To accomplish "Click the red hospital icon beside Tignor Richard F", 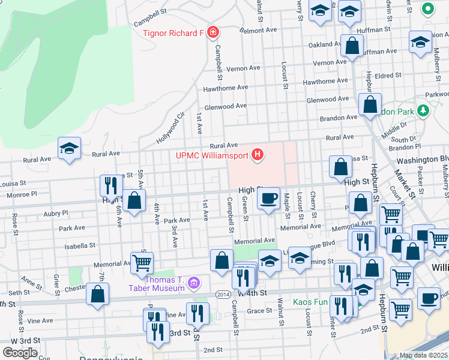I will (x=212, y=32).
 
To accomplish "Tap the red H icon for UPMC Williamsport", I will (x=258, y=155).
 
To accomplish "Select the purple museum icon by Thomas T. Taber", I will (x=193, y=282).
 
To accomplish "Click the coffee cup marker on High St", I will (x=268, y=197).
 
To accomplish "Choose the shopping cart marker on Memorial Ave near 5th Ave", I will (x=142, y=262).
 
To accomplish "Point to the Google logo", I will (x=20, y=352).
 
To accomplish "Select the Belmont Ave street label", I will (x=258, y=29).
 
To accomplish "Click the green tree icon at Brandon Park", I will (x=424, y=110).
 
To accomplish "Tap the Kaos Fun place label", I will (x=312, y=302).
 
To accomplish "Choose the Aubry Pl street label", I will (x=56, y=212).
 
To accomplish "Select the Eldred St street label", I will (x=388, y=76).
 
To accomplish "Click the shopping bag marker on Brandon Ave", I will (x=370, y=104).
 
